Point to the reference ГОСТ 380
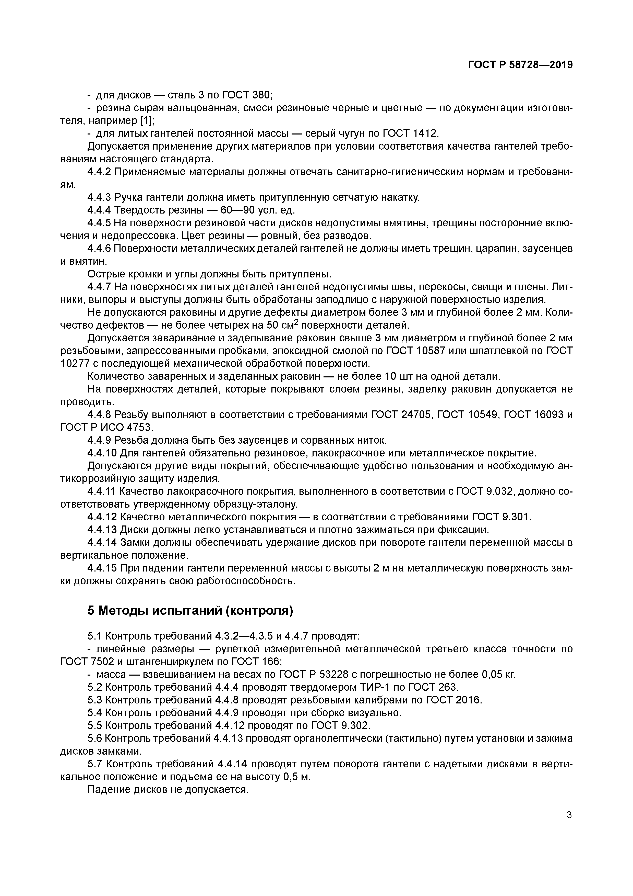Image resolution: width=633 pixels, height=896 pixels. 247,95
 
